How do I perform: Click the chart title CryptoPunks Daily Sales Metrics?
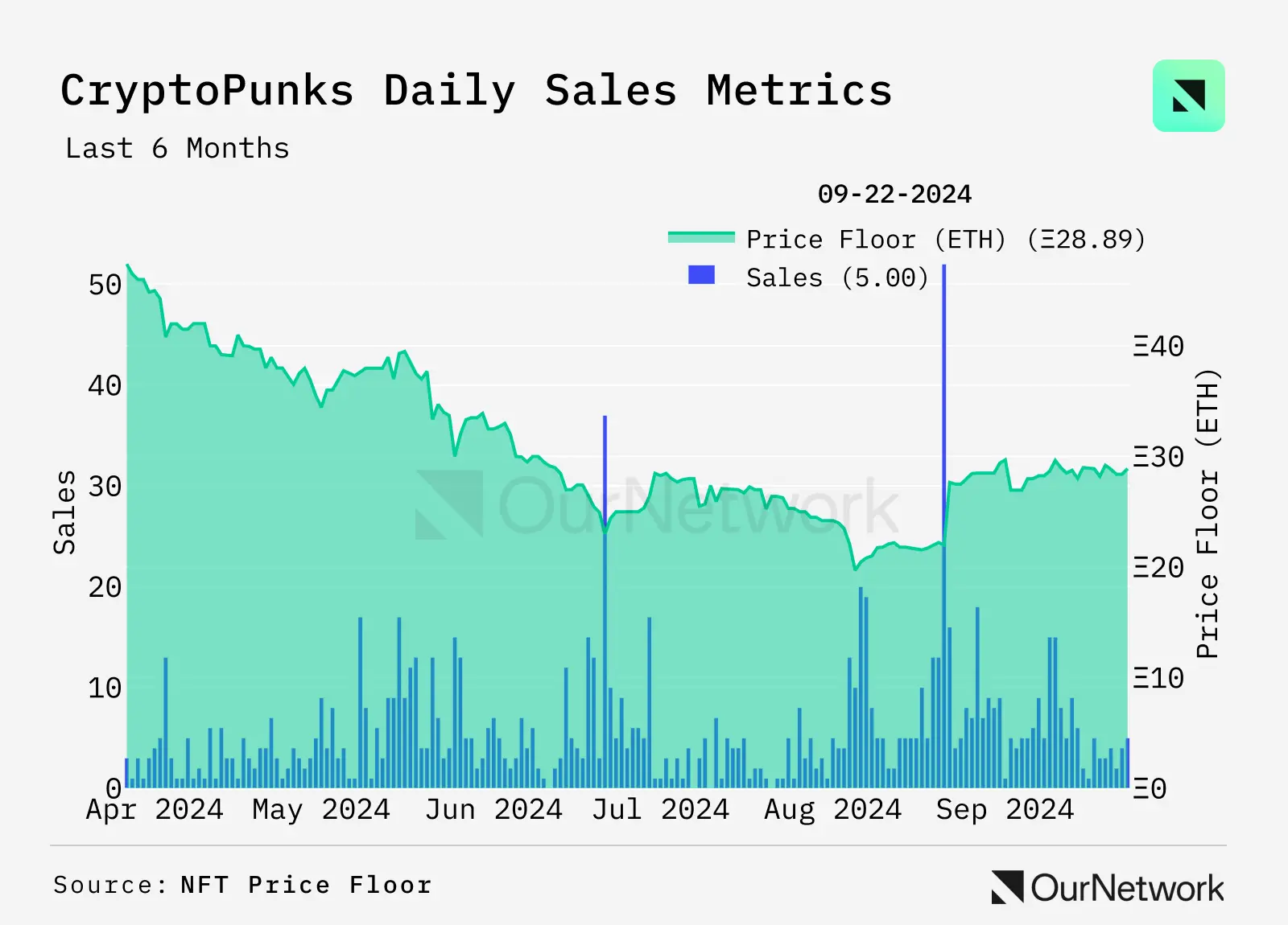tap(477, 90)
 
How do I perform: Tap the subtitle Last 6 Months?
tap(177, 149)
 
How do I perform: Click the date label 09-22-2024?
tap(894, 194)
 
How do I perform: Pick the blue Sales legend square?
tap(701, 275)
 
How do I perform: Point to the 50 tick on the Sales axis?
tap(105, 285)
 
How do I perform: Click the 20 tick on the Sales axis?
tap(105, 587)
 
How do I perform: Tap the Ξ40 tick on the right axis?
tap(1158, 347)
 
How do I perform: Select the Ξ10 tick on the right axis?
tap(1158, 678)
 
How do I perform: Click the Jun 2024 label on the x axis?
tap(493, 809)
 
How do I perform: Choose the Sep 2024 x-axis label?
tap(1005, 809)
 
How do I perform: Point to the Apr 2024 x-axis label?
tap(155, 809)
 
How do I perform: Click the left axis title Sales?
tap(64, 512)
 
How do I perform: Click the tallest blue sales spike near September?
tap(944, 402)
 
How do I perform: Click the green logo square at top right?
tap(1188, 96)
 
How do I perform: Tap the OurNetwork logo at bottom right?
tap(1108, 887)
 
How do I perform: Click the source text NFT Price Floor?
tap(306, 886)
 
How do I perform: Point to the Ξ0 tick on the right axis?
tap(1150, 788)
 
